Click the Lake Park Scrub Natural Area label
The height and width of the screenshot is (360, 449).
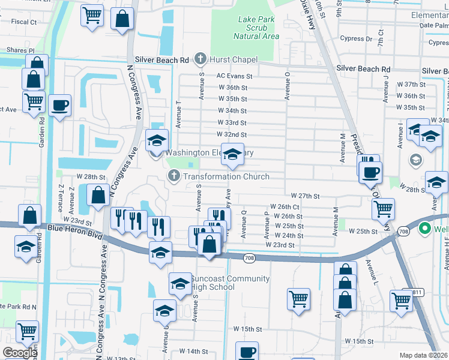coord(258,28)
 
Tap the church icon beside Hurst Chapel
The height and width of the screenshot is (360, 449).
coord(200,59)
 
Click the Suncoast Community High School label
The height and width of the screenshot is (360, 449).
coord(229,283)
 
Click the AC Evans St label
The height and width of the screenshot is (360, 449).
coord(234,76)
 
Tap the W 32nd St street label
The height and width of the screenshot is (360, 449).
coord(232,135)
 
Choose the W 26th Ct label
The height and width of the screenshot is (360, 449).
coord(285,207)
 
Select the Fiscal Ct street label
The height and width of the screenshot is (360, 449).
coord(24,22)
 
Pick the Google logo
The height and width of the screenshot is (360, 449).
coord(20,353)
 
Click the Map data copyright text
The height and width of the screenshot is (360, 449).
coord(424,355)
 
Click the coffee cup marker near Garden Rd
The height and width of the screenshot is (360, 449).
coord(60,106)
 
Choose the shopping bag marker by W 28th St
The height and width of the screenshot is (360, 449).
coord(98,195)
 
